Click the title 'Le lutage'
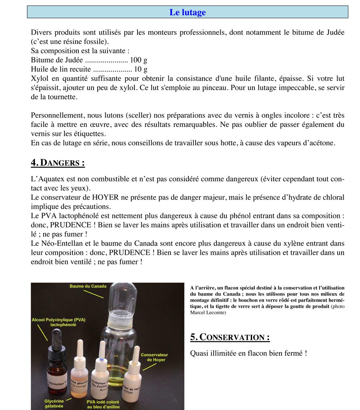click(188, 12)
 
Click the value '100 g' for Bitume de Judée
click(139, 60)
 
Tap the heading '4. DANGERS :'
click(58, 163)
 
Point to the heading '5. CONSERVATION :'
click(230, 337)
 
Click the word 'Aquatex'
click(54, 179)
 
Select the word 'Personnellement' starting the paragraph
click(56, 116)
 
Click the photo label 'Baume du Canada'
click(88, 286)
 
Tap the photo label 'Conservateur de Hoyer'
click(154, 357)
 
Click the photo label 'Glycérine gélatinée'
click(54, 403)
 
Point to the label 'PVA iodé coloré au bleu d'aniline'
click(103, 404)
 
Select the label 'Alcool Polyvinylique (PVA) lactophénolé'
click(58, 322)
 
